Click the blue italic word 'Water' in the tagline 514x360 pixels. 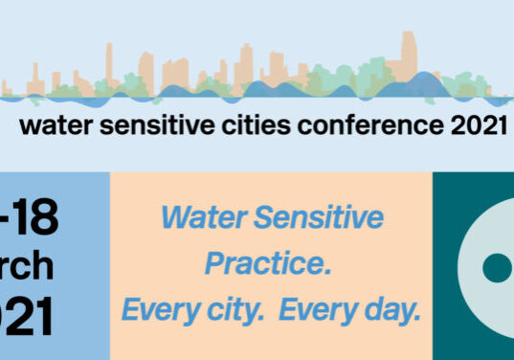pyautogui.click(x=197, y=218)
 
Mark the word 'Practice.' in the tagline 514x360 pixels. pyautogui.click(x=271, y=264)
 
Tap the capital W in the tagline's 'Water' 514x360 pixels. pyautogui.click(x=174, y=218)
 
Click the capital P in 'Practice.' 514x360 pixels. pyautogui.click(x=218, y=264)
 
